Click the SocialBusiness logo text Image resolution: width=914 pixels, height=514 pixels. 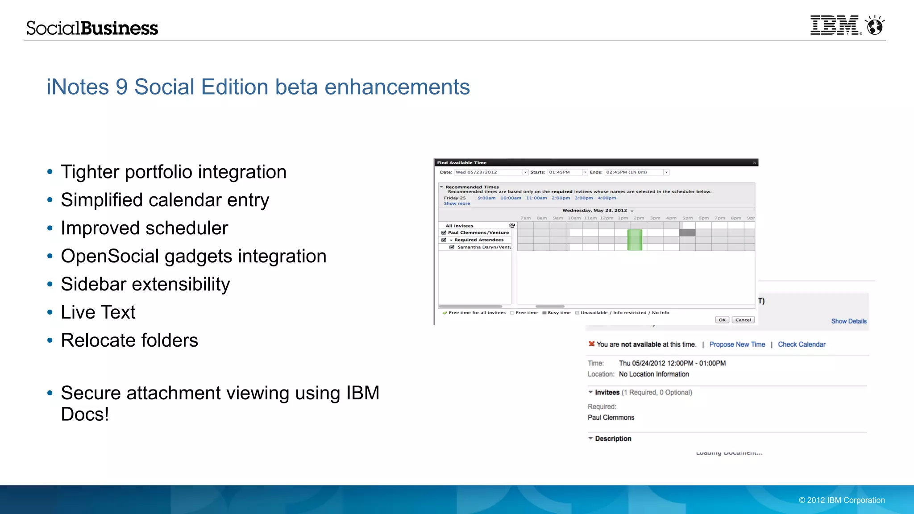[92, 28]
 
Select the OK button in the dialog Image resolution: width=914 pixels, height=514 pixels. [722, 320]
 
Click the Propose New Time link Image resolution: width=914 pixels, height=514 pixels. [737, 344]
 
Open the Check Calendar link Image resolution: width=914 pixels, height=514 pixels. [802, 344]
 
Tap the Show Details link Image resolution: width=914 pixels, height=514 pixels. [848, 321]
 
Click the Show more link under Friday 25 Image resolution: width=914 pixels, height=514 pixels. [457, 203]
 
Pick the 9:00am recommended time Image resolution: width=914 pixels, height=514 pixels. [486, 198]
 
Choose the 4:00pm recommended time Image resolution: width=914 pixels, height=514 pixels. [607, 198]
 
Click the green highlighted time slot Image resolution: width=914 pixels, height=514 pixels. [635, 240]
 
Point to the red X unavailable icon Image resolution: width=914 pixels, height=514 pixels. [591, 344]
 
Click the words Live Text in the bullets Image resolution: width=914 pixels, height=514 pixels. [98, 312]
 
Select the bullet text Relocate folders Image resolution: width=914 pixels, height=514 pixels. [129, 340]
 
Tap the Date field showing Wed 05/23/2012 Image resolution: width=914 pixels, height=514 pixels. [488, 172]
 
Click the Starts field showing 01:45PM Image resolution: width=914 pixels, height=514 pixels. [565, 172]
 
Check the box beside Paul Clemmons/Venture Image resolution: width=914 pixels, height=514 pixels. [444, 232]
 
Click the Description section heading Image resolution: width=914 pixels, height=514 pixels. [613, 439]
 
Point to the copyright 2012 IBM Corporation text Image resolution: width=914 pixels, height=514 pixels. [842, 500]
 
